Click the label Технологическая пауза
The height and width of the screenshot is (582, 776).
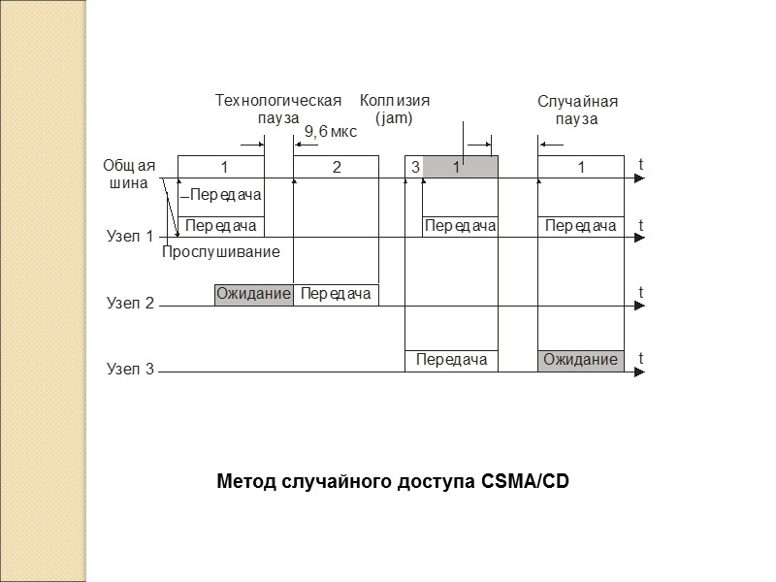[x=278, y=109]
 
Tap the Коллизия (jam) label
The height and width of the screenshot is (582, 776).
[x=394, y=109]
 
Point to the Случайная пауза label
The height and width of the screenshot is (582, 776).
[x=577, y=111]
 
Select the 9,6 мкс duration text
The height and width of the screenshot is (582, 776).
[x=331, y=132]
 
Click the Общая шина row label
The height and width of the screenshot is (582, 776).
[x=129, y=174]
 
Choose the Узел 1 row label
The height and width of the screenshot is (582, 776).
[x=129, y=236]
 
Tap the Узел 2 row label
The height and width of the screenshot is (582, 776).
[x=129, y=304]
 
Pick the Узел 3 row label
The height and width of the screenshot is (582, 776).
[x=129, y=370]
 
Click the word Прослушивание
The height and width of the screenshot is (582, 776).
[x=220, y=252]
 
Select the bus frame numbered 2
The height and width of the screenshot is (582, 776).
[x=337, y=167]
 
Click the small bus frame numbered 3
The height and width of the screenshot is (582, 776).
[x=414, y=167]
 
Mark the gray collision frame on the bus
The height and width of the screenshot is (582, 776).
[x=461, y=167]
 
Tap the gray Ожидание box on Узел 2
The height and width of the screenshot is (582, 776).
[x=253, y=294]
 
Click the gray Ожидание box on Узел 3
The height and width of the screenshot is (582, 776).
[x=580, y=360]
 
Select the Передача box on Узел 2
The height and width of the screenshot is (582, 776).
[x=336, y=294]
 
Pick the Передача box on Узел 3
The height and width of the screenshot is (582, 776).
[x=451, y=360]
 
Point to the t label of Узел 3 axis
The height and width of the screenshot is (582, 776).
[x=641, y=358]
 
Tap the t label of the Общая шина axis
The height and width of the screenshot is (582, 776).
[x=641, y=165]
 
